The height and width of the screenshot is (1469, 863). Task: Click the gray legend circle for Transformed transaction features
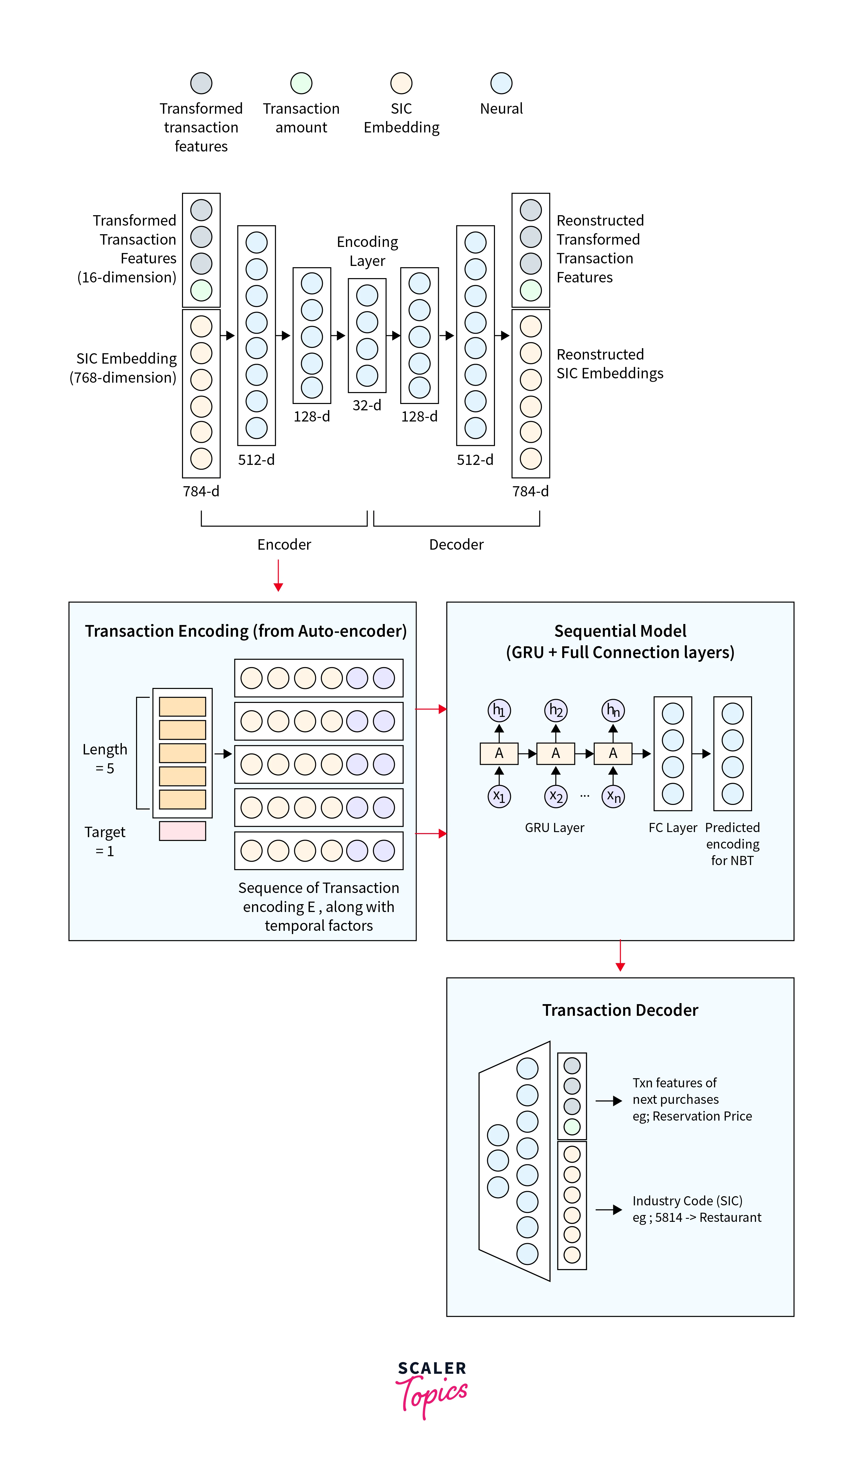pos(201,83)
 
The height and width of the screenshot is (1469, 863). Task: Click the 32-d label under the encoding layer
pos(367,405)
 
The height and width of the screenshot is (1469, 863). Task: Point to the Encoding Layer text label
pos(367,251)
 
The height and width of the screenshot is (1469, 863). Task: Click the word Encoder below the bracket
pos(284,545)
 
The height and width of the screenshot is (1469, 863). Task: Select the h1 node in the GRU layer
pos(499,710)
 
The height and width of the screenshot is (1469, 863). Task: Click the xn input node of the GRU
pos(613,796)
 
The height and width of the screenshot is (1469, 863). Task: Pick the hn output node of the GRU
pos(613,710)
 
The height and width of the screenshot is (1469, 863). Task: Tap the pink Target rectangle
pos(182,831)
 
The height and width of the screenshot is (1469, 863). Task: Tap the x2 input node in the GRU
pos(556,796)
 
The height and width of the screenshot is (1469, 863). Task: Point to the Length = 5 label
pos(105,758)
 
